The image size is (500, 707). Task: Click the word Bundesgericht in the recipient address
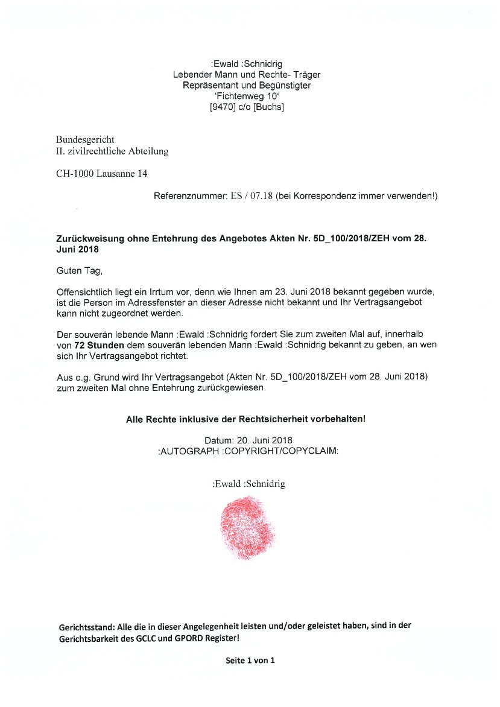coord(85,140)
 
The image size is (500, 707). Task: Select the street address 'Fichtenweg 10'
coord(247,97)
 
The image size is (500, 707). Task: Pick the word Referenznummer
coord(189,197)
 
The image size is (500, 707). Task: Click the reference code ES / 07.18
coord(252,197)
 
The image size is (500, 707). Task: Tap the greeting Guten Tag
coord(75,271)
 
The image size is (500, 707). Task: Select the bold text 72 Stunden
coord(99,344)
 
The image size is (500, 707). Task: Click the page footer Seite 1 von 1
coord(250,661)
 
